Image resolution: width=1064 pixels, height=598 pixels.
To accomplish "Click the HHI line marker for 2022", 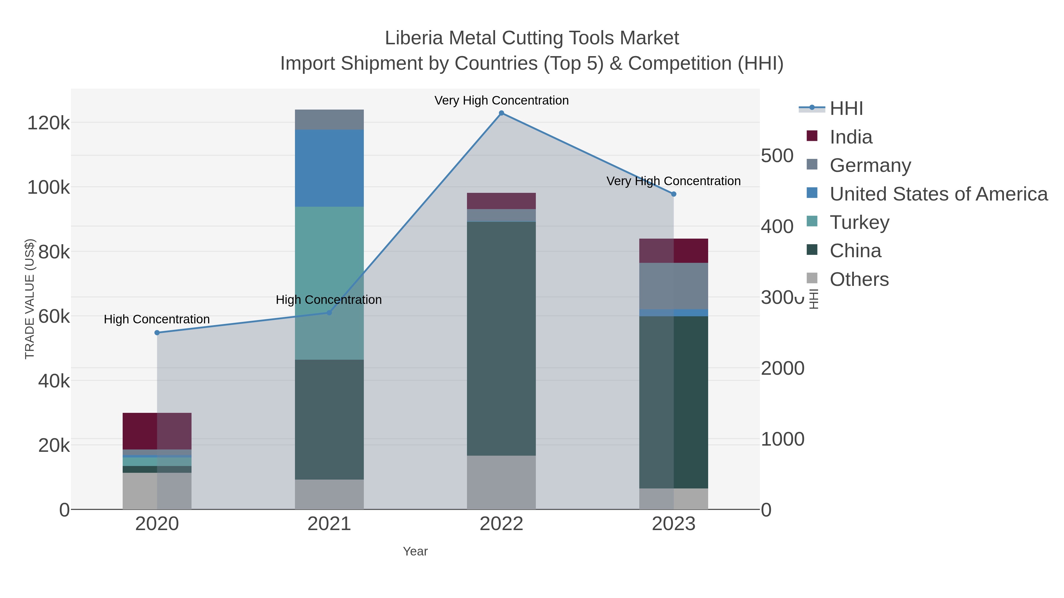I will point(502,113).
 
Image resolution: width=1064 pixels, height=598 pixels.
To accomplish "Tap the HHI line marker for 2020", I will point(157,333).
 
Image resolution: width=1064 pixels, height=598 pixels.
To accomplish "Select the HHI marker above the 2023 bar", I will point(674,194).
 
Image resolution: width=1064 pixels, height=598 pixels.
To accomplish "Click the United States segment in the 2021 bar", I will point(329,168).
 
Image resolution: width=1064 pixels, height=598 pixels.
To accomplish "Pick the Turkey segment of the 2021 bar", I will point(329,283).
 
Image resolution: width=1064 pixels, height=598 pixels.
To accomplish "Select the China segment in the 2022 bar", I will point(502,338).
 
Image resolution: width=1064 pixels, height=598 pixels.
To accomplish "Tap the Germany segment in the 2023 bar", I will point(674,286).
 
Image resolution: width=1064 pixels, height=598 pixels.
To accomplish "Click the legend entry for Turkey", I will point(859,222).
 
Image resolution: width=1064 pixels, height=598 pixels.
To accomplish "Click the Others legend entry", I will point(859,279).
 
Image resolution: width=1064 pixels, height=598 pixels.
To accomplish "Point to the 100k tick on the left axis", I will point(49,187).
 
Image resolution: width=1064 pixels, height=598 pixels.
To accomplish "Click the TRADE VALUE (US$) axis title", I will point(30,299).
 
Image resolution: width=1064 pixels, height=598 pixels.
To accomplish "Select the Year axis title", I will point(415,551).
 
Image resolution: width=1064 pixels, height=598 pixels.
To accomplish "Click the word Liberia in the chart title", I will point(414,38).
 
